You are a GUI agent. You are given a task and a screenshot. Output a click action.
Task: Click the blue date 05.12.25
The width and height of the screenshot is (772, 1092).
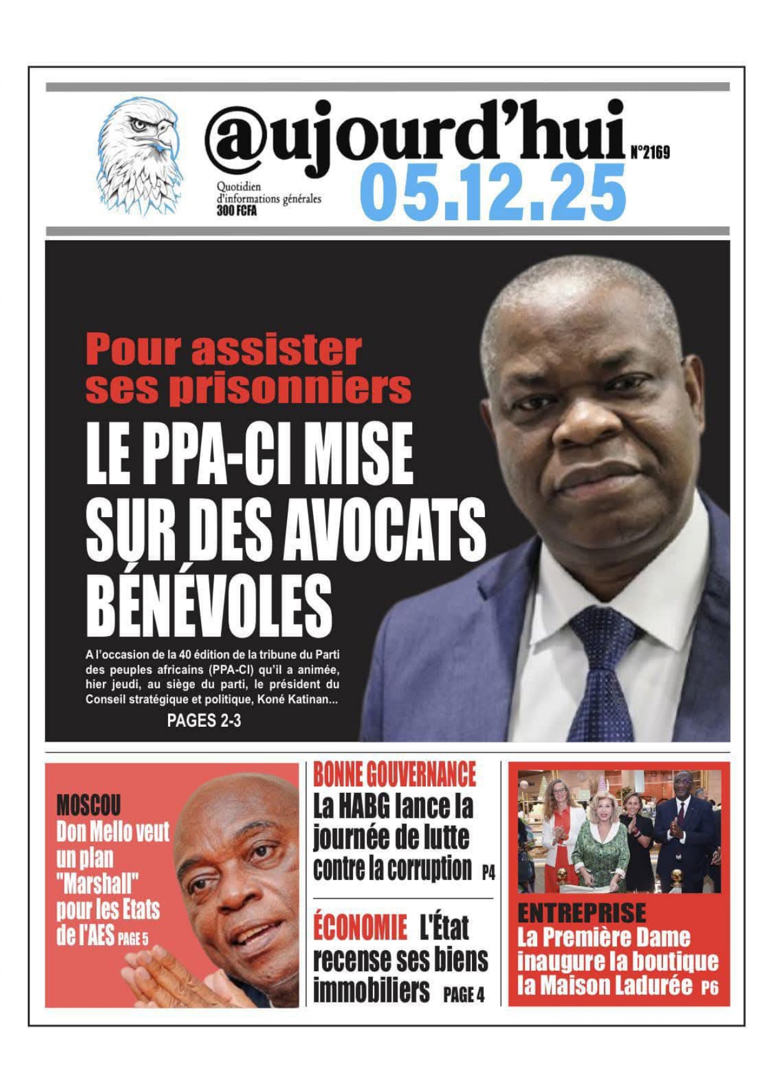pyautogui.click(x=492, y=193)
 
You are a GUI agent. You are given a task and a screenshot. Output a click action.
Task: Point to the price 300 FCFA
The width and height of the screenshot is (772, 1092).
pyautogui.click(x=237, y=211)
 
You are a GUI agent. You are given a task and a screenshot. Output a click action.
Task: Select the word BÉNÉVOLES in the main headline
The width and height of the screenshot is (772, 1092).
pyautogui.click(x=209, y=605)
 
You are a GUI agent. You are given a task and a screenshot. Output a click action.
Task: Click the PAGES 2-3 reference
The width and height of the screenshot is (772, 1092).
pyautogui.click(x=204, y=721)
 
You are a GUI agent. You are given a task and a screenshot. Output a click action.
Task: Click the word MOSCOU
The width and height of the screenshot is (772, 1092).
pyautogui.click(x=88, y=806)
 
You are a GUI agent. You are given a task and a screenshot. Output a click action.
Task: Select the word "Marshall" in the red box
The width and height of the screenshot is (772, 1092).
pyautogui.click(x=98, y=883)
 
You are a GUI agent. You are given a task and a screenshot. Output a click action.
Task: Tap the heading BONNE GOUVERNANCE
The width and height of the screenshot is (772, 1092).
pyautogui.click(x=394, y=775)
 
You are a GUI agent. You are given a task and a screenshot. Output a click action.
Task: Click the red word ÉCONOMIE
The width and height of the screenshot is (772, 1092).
pyautogui.click(x=360, y=928)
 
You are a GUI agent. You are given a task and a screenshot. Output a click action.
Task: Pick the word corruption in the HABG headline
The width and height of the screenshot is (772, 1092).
pyautogui.click(x=429, y=869)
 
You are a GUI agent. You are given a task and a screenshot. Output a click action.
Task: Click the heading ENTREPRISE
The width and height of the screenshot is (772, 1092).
pyautogui.click(x=581, y=913)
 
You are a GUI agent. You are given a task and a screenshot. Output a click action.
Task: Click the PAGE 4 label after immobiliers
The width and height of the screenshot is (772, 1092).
pyautogui.click(x=464, y=995)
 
